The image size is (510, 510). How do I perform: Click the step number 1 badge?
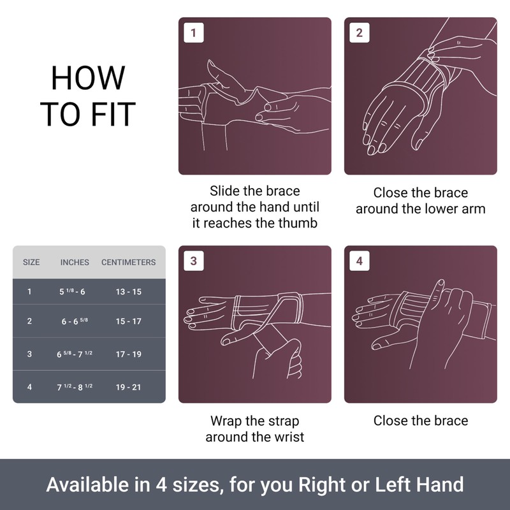tap(193, 33)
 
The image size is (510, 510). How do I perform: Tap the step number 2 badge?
tap(360, 33)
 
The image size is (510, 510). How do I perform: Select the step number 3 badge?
tap(193, 261)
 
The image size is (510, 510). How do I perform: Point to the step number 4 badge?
tap(360, 261)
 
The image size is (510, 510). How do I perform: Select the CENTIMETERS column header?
tap(128, 262)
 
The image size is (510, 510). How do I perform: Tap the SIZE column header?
tap(31, 262)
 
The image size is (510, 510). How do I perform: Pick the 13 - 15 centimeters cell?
tap(128, 292)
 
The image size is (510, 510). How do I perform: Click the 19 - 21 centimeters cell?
tap(128, 387)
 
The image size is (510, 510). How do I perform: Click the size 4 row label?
tap(29, 387)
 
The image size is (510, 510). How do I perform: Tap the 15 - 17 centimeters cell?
tap(128, 321)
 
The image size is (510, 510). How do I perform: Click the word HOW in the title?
tap(88, 78)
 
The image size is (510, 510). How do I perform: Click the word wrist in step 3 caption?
tap(288, 437)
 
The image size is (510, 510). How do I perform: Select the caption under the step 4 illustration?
tap(420, 421)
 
